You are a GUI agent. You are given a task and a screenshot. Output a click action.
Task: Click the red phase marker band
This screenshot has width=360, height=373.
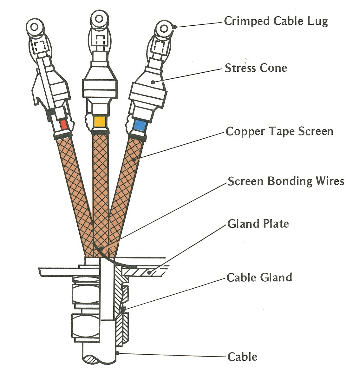[x=63, y=125]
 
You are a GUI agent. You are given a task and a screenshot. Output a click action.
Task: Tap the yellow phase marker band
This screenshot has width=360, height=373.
[x=100, y=122]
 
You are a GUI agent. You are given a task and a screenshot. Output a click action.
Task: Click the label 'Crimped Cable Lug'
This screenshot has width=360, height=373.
[x=276, y=21]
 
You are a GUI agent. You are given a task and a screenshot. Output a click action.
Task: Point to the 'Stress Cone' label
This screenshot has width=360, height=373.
[x=256, y=68]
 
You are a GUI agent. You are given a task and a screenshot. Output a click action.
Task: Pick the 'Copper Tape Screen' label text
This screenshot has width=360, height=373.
[x=279, y=131]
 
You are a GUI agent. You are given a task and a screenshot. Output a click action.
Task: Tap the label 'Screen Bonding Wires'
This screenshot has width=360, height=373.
[x=286, y=181]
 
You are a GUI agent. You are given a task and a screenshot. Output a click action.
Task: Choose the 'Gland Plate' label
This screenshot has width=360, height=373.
[x=258, y=224]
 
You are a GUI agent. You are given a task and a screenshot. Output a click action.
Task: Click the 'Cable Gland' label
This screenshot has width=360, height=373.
[x=259, y=277]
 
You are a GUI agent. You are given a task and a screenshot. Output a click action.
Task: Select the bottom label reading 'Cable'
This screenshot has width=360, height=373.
[x=242, y=357]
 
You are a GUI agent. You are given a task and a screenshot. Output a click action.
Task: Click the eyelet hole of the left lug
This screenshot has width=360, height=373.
[x=35, y=27]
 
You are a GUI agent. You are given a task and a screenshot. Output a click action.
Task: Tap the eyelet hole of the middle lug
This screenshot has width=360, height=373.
[x=99, y=19]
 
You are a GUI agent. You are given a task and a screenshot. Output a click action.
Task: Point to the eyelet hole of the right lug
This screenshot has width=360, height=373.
[x=164, y=29]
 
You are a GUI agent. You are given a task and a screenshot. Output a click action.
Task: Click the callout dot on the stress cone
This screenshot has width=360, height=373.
[x=153, y=82]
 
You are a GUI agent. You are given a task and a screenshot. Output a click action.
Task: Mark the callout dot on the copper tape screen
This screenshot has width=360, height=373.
[x=134, y=160]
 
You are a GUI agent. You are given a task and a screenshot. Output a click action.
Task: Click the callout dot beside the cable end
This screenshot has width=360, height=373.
[x=118, y=353]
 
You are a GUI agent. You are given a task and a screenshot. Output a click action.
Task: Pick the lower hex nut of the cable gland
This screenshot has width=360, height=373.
[x=86, y=325]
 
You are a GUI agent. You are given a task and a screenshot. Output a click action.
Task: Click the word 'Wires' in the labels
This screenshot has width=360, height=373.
[x=330, y=181]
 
